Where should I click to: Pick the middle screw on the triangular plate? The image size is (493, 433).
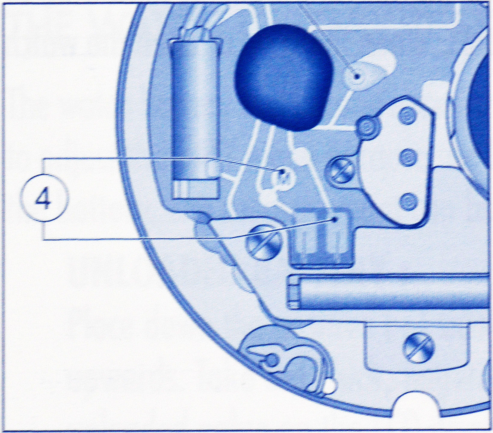coord(408,157)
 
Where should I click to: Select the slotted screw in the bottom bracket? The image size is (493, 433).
coord(419,349)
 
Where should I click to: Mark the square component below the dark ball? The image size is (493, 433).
coord(321,238)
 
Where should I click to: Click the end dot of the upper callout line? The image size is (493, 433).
coord(282,172)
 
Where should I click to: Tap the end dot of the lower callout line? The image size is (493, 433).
coord(334,220)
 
